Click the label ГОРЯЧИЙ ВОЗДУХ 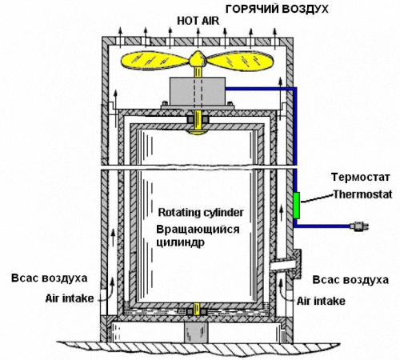pyautogui.click(x=277, y=10)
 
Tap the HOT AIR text pyautogui.click(x=198, y=21)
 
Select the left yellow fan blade pyautogui.click(x=154, y=62)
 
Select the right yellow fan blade pyautogui.click(x=240, y=62)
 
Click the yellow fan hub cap pyautogui.click(x=198, y=58)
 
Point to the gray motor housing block pyautogui.click(x=198, y=91)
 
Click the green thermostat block pyautogui.click(x=296, y=206)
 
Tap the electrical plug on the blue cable pyautogui.click(x=359, y=226)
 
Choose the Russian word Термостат pyautogui.click(x=361, y=177)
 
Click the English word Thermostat pyautogui.click(x=363, y=194)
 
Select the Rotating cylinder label pyautogui.click(x=201, y=213)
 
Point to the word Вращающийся pyautogui.click(x=198, y=230)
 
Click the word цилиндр pyautogui.click(x=181, y=243)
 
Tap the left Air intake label pyautogui.click(x=70, y=298)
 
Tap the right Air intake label pyautogui.click(x=321, y=301)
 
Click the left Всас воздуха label pyautogui.click(x=50, y=278)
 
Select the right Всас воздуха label pyautogui.click(x=350, y=280)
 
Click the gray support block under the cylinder pyautogui.click(x=196, y=332)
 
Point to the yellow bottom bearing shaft pyautogui.click(x=197, y=310)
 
